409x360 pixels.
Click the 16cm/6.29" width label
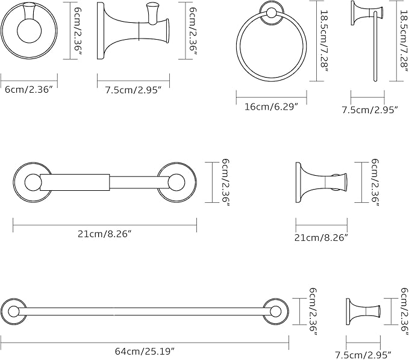(x=271, y=107)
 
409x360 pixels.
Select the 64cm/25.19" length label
(x=145, y=351)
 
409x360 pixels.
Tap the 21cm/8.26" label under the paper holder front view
(x=104, y=234)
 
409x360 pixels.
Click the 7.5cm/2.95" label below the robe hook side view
(x=134, y=90)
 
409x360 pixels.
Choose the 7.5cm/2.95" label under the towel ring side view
(x=370, y=110)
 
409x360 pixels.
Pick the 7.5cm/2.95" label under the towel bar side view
(x=363, y=355)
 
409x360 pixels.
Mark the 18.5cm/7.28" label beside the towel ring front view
(x=324, y=41)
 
